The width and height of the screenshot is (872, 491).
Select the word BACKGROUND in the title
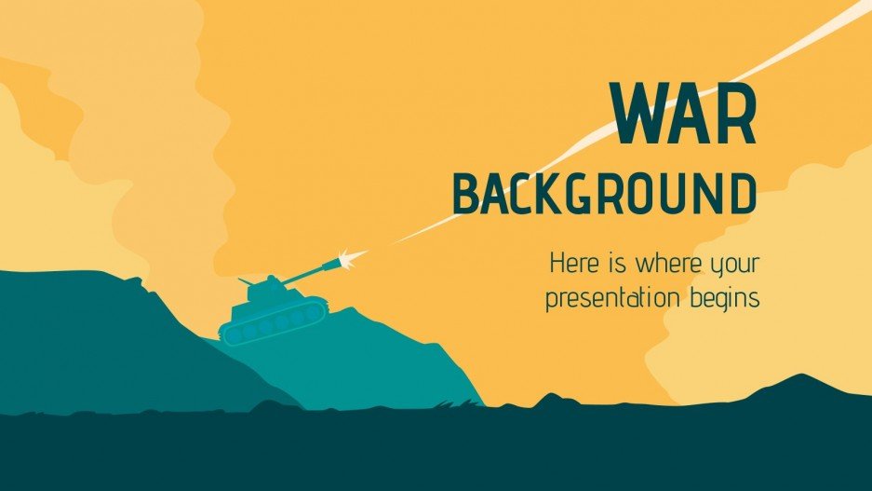[x=604, y=195]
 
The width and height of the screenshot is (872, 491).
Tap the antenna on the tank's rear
[x=243, y=280]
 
